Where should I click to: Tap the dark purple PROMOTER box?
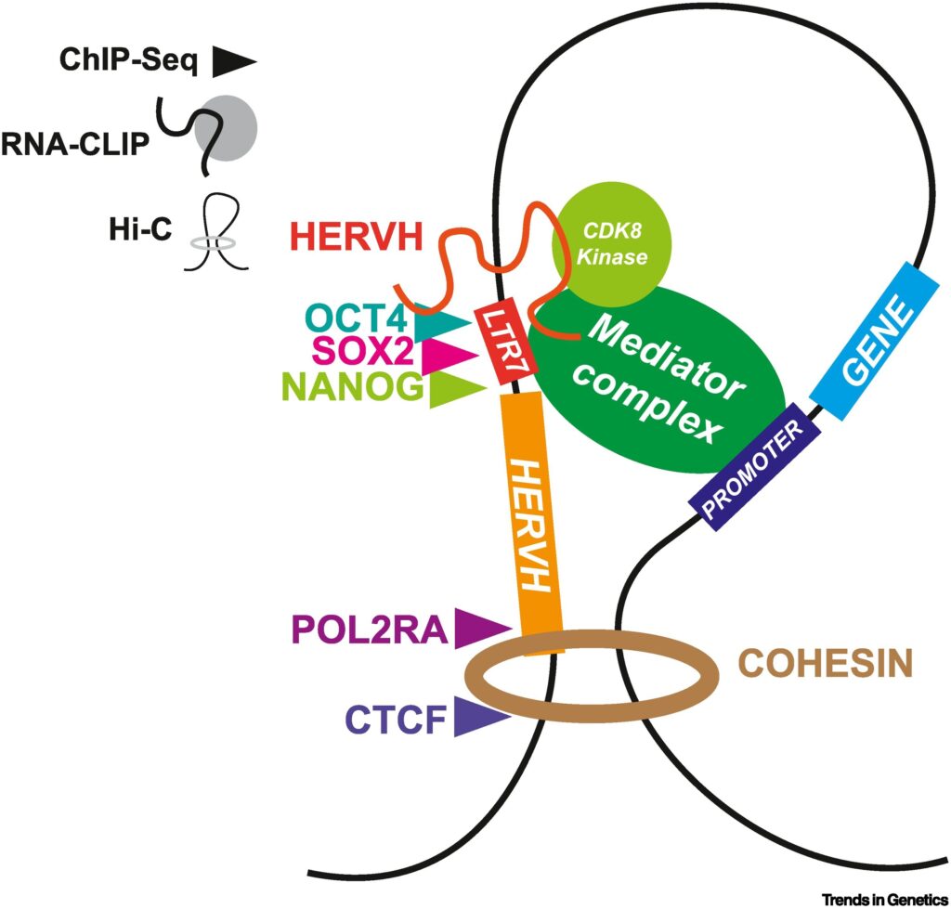tap(753, 471)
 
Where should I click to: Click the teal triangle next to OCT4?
tap(441, 322)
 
